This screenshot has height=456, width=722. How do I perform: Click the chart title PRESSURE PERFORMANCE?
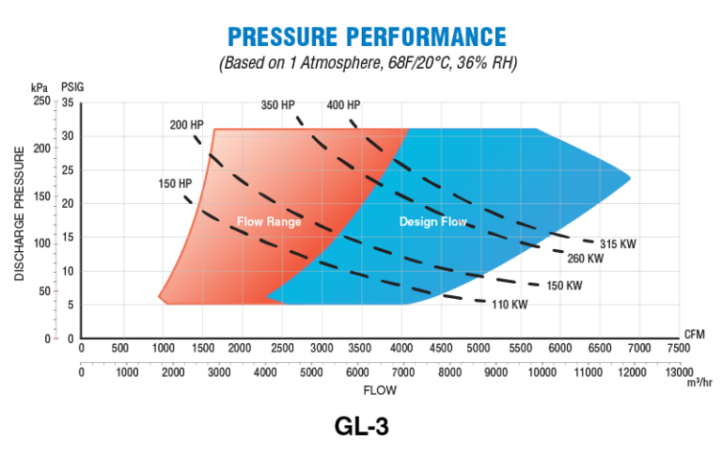(367, 37)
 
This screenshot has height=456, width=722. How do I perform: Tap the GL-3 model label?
(361, 426)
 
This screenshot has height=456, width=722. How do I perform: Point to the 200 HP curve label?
(186, 125)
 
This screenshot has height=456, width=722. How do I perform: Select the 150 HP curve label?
(174, 181)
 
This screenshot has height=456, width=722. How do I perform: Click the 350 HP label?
(278, 104)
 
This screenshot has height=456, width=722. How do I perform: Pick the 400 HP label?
(343, 104)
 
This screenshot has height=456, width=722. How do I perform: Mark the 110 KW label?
(510, 304)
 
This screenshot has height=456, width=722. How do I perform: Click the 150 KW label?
(564, 285)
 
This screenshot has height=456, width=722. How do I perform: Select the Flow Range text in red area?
(269, 222)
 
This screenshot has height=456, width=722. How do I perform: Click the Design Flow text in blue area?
(433, 222)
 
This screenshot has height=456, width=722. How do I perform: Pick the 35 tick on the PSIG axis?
(68, 102)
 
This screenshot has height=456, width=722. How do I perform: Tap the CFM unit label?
(694, 332)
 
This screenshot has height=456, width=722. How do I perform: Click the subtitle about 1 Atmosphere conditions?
(368, 64)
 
